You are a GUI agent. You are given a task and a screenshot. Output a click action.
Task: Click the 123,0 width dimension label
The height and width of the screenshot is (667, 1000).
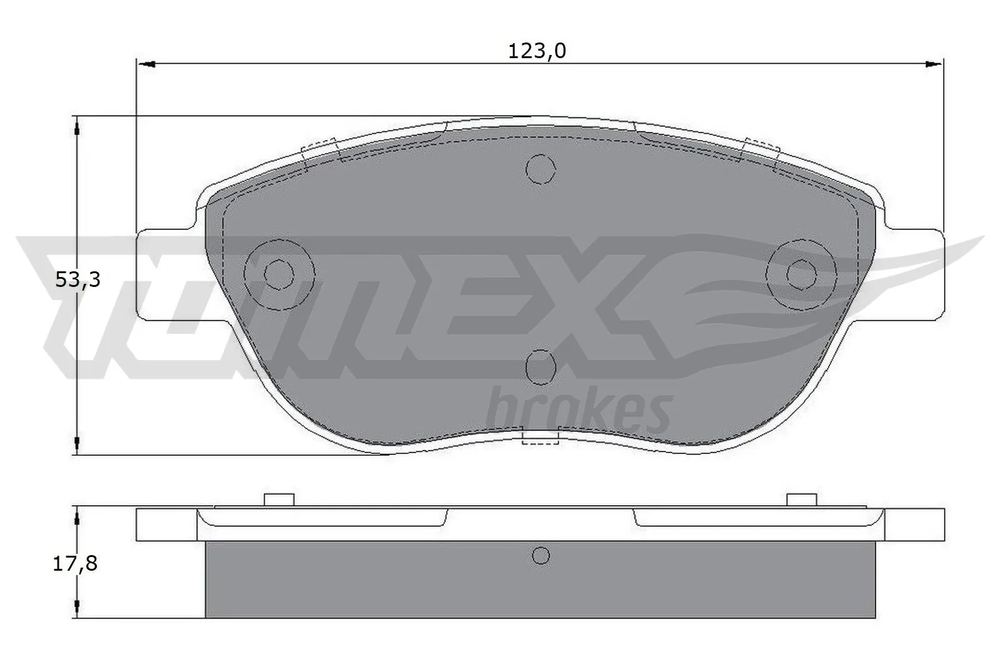pyautogui.click(x=536, y=51)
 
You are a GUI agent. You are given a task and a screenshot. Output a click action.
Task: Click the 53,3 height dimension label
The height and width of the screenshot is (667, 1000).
pyautogui.click(x=77, y=280)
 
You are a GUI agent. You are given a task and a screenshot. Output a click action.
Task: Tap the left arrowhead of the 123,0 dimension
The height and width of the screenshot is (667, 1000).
pyautogui.click(x=145, y=64)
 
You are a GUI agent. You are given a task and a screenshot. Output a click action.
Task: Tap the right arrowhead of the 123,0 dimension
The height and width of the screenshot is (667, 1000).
pyautogui.click(x=933, y=64)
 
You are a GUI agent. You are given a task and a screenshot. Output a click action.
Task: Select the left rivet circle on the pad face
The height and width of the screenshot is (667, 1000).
pyautogui.click(x=279, y=273)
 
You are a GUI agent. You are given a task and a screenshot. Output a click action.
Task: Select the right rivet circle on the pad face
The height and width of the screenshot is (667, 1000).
pyautogui.click(x=801, y=273)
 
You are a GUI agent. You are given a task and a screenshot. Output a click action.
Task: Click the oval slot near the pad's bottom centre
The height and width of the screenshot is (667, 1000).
pyautogui.click(x=540, y=367)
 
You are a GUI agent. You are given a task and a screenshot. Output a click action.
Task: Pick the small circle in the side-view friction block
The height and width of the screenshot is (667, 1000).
pyautogui.click(x=541, y=554)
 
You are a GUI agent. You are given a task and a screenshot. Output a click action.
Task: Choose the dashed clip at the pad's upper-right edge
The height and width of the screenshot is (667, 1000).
pyautogui.click(x=759, y=150)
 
